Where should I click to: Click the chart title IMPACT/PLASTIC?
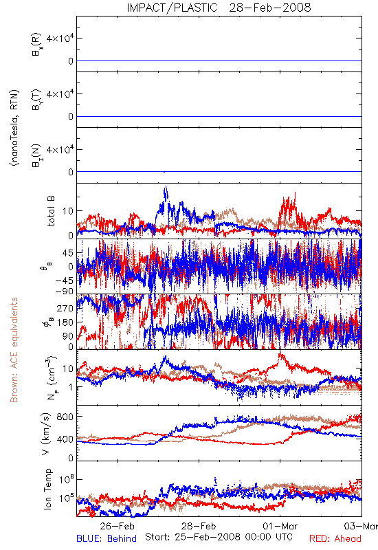172,8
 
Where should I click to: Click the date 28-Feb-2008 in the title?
270,8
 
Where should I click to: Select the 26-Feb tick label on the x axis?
117,526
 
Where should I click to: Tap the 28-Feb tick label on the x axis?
199,526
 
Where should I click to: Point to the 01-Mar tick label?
280,526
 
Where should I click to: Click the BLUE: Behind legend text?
107,539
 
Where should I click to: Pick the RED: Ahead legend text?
335,539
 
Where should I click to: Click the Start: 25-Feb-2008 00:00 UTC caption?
219,537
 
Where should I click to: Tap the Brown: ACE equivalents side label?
14,350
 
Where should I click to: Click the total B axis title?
51,211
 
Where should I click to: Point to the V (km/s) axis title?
46,434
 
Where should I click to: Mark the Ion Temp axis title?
47,489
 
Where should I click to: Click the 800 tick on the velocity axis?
65,417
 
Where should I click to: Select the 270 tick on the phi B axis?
65,308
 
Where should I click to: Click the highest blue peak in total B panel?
166,187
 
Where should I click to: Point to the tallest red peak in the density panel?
280,353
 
